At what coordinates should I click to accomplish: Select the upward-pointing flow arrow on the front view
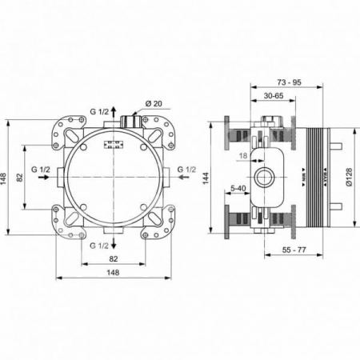114,111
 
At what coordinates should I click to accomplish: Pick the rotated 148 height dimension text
5,178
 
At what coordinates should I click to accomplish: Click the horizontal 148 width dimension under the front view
114,272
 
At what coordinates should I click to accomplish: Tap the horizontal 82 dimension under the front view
114,258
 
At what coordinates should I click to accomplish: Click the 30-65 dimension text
275,95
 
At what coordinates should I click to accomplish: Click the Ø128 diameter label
350,177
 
